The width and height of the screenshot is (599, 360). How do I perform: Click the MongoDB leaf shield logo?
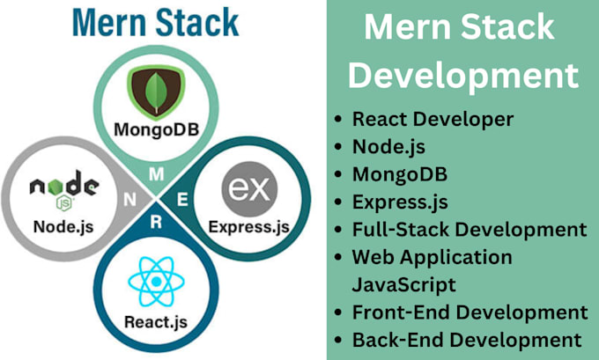(x=156, y=92)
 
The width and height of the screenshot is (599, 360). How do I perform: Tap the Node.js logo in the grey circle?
(x=64, y=190)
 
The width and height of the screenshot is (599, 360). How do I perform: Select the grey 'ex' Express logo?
(x=249, y=188)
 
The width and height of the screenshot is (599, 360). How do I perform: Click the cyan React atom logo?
(x=156, y=282)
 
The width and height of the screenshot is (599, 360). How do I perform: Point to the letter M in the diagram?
(x=156, y=174)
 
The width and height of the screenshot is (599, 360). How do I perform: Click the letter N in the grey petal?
(x=129, y=200)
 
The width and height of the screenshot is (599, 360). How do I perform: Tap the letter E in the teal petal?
(x=182, y=200)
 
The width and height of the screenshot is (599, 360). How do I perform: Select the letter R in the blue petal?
(x=156, y=222)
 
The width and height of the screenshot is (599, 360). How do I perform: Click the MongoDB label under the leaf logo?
(x=157, y=129)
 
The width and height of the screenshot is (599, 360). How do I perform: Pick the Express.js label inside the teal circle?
(x=249, y=227)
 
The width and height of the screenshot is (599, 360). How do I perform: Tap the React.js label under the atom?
(x=156, y=322)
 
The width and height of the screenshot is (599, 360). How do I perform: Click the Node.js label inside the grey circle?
(x=63, y=227)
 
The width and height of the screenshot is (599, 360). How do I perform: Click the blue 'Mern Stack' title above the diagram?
(x=156, y=23)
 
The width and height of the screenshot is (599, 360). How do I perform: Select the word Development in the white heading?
(x=463, y=75)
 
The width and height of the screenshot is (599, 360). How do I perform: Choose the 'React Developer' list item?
(x=433, y=120)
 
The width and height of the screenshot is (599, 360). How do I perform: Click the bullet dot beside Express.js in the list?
(x=337, y=202)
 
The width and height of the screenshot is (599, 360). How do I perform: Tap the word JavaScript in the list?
(x=403, y=285)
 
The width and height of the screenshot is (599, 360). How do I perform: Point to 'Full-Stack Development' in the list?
(x=470, y=230)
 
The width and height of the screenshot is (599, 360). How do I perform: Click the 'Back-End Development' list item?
(x=467, y=340)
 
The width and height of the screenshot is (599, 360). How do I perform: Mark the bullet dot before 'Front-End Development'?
(x=337, y=312)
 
